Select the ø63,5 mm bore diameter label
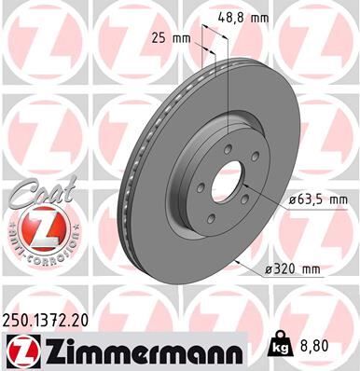pyautogui.click(x=318, y=199)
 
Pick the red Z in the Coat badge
pyautogui.click(x=33, y=228)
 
